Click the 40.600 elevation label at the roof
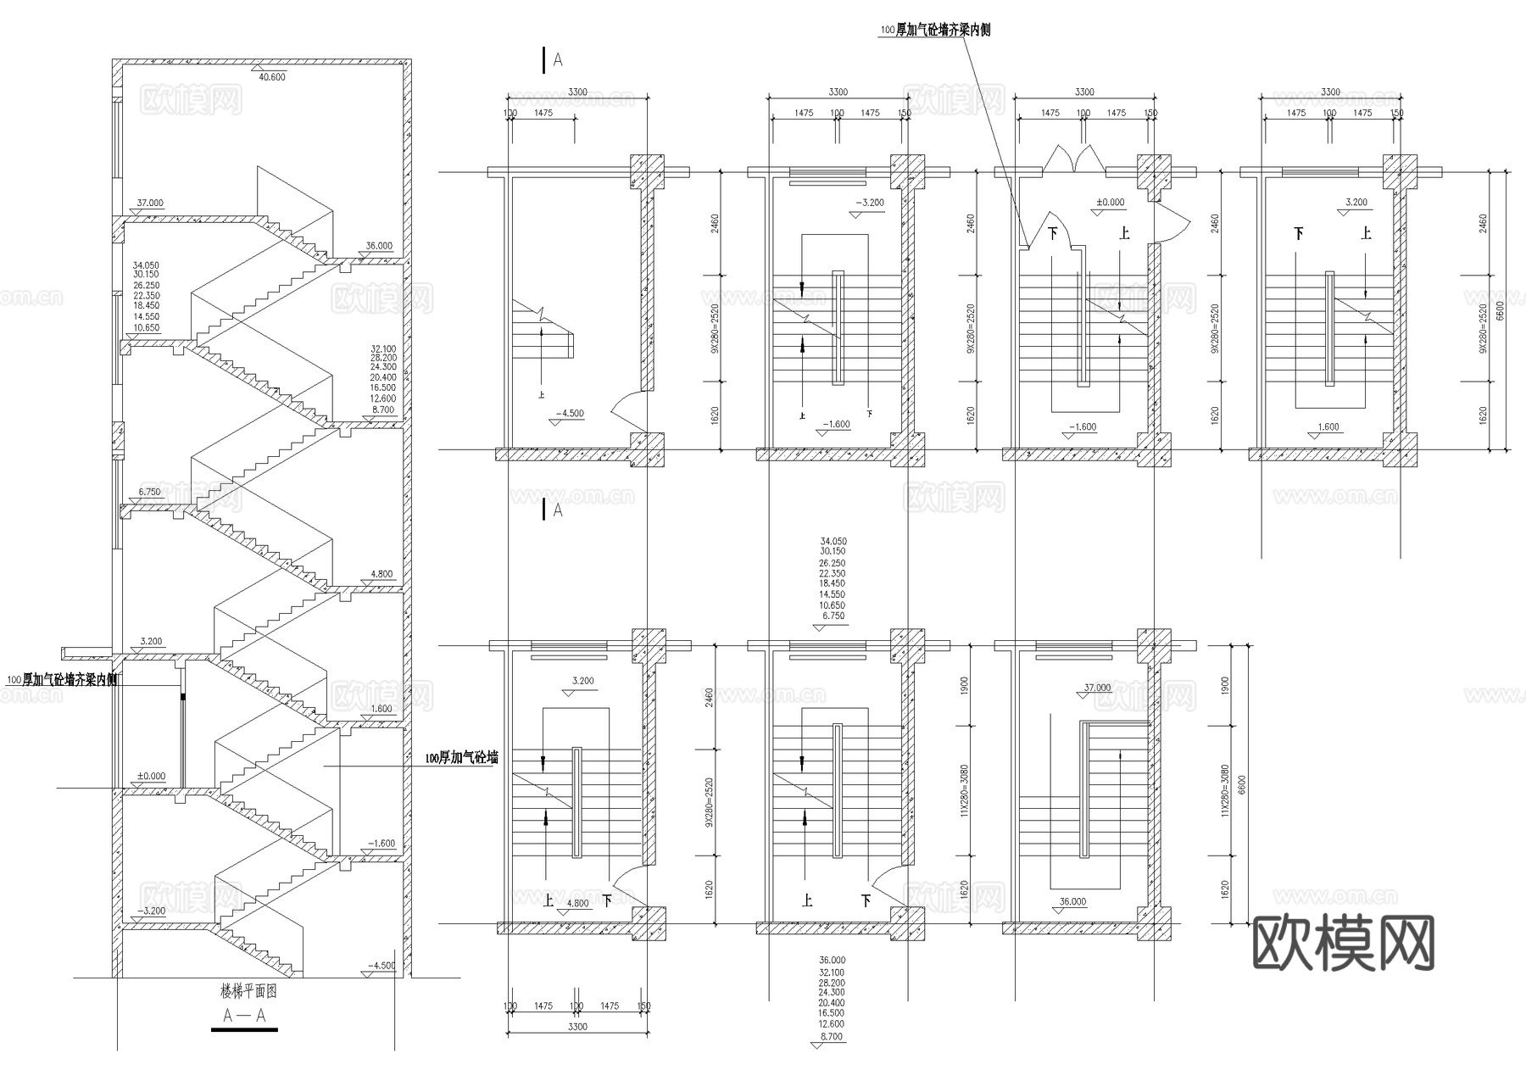pos(271,77)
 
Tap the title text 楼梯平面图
pos(249,990)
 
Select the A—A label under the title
pos(244,1015)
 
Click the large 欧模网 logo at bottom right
pos(1343,944)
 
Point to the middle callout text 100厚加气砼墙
pos(460,758)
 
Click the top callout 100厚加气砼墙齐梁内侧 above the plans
pos(934,30)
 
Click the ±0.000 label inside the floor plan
pos(1110,203)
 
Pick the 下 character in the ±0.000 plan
pos(1053,232)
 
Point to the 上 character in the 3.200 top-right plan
pos(1366,232)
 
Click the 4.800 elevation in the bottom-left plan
pos(576,903)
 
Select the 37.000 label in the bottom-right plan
pos(1097,688)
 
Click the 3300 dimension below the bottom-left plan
pos(576,1027)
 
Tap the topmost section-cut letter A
pos(557,59)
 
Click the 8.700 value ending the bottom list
pos(832,1036)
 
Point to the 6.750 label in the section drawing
pos(149,492)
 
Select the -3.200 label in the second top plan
pos(870,203)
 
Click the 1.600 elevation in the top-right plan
pos(1328,426)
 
